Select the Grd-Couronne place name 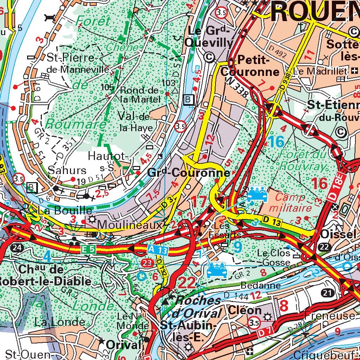point(189,173)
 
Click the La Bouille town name point(60,211)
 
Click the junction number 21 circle point(328,292)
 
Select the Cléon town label point(245,310)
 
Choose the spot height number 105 point(107,87)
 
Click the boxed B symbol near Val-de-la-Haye point(189,100)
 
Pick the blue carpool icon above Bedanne point(217,271)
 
